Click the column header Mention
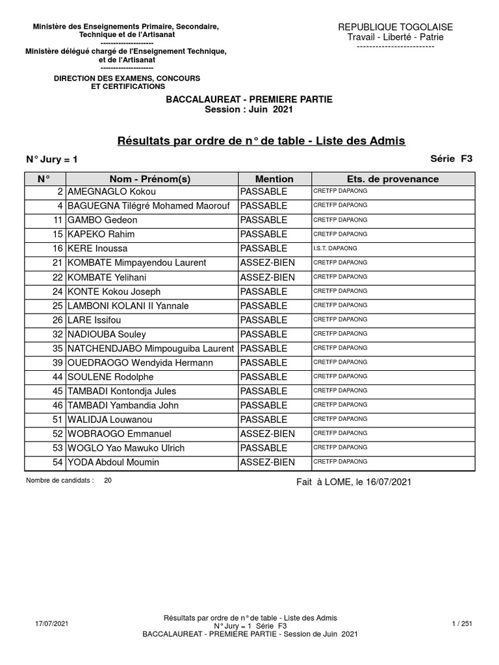coord(274,179)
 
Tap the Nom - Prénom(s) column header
coord(150,179)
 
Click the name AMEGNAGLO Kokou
coord(112,192)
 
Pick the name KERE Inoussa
coord(97,249)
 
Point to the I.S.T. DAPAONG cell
coord(335,249)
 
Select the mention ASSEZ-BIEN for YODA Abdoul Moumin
coord(268,462)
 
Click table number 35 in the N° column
coord(57,349)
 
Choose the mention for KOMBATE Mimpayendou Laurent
coord(268,263)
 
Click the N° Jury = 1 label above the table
coord(52,158)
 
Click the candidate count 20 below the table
coord(107,481)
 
